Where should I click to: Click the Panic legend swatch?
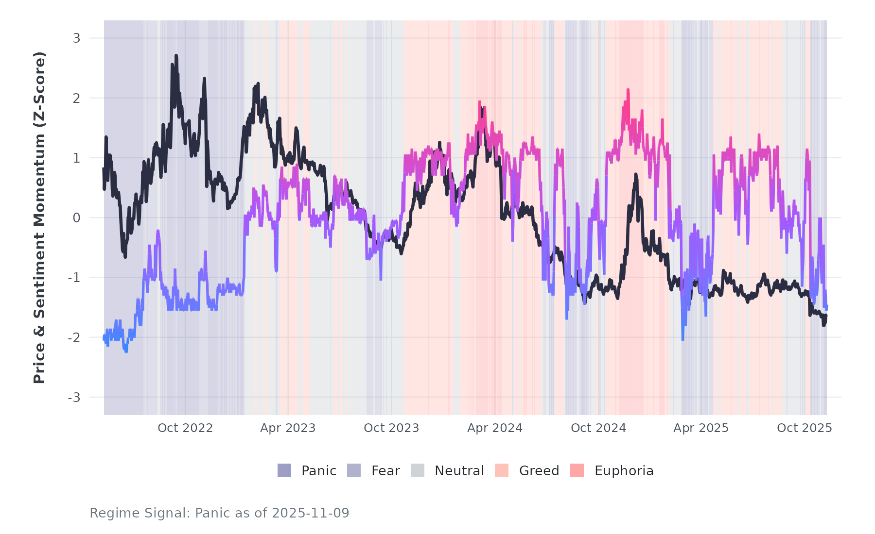tap(284, 470)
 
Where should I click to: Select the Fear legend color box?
tap(354, 470)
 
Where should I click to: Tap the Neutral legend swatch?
tap(418, 470)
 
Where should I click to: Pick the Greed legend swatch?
tap(502, 470)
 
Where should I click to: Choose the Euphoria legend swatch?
tap(577, 470)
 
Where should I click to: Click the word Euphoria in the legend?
tap(624, 471)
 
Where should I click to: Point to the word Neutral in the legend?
tap(459, 471)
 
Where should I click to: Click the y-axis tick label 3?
tap(76, 38)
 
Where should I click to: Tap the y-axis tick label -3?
tap(74, 398)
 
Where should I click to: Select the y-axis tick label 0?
tap(76, 218)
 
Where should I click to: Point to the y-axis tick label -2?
tap(74, 338)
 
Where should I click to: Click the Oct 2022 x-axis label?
tap(185, 428)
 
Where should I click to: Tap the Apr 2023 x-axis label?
tap(288, 428)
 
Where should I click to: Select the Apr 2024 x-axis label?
tap(495, 428)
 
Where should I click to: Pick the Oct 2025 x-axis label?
tap(805, 428)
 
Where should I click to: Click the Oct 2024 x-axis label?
tap(598, 428)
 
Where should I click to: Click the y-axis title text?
tap(39, 217)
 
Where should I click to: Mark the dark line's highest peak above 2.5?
tap(176, 56)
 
